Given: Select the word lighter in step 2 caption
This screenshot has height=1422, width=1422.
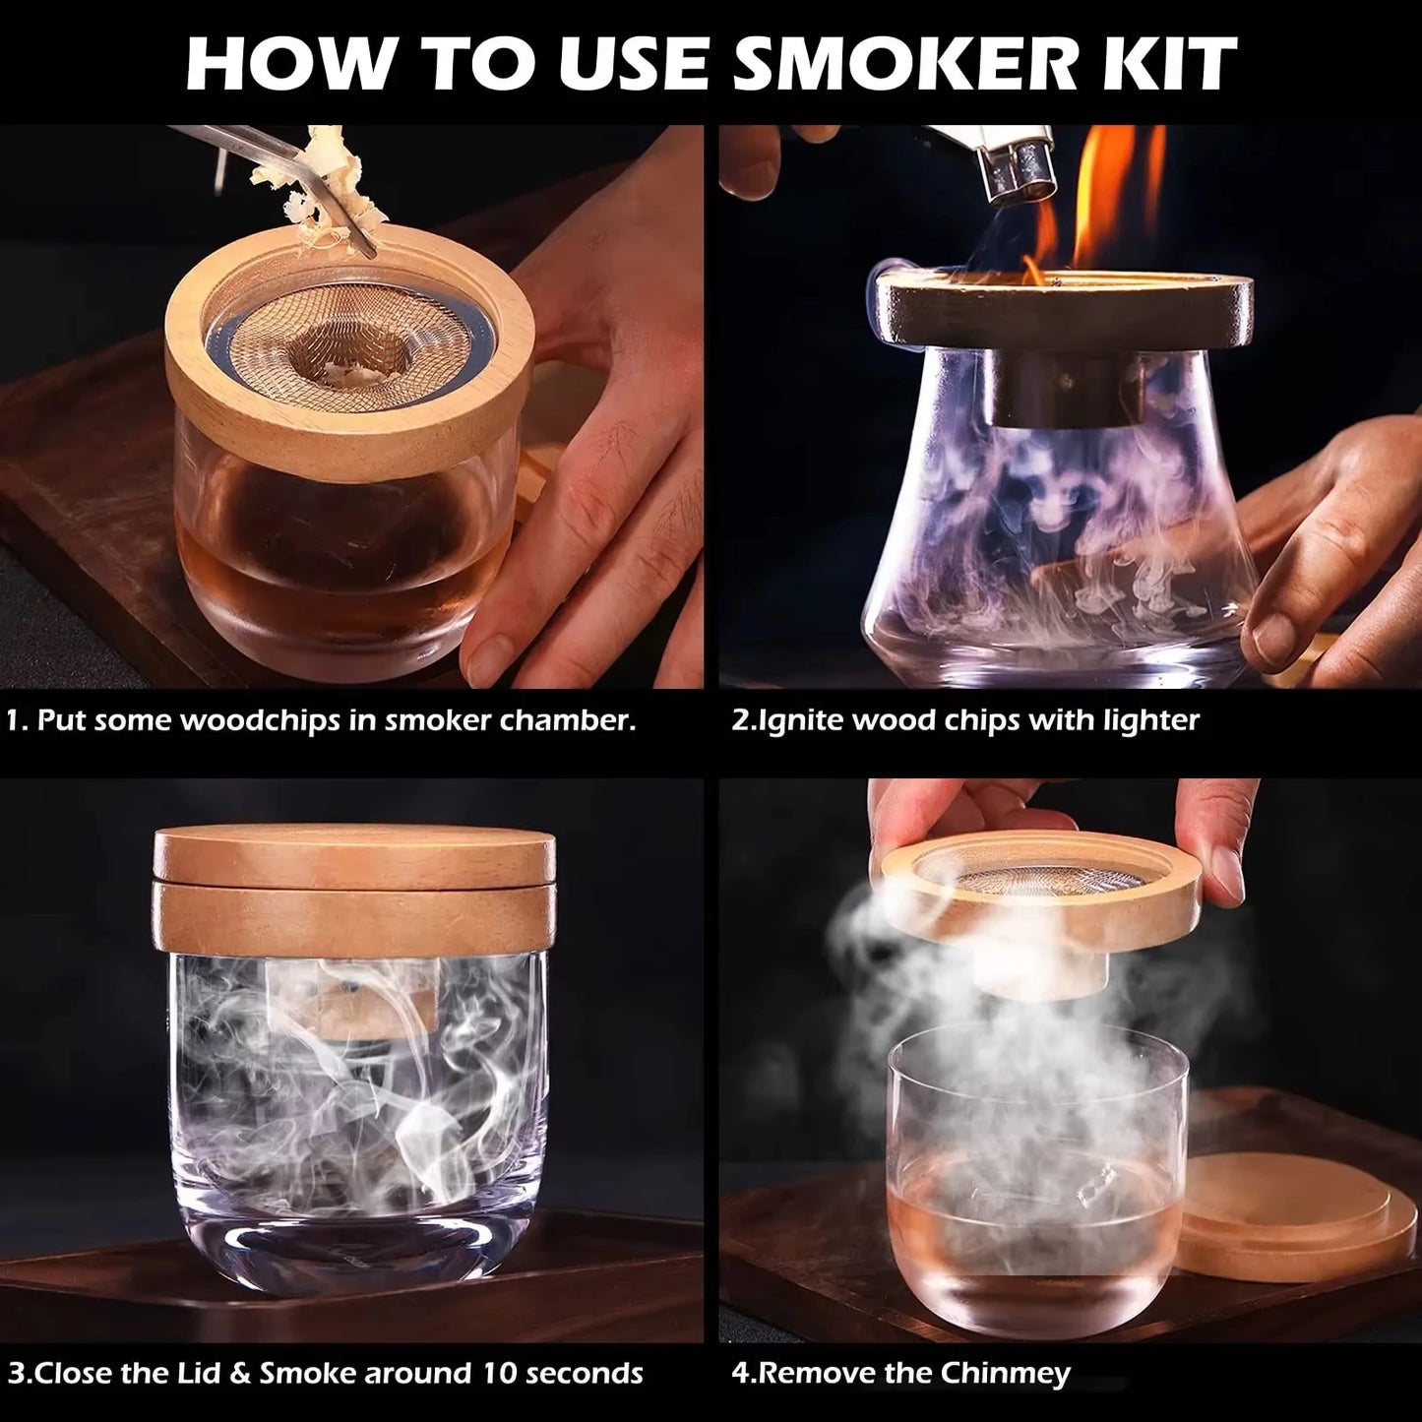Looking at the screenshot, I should click(x=1150, y=720).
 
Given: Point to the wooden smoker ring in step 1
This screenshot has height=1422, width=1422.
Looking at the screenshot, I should click(x=344, y=423).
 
